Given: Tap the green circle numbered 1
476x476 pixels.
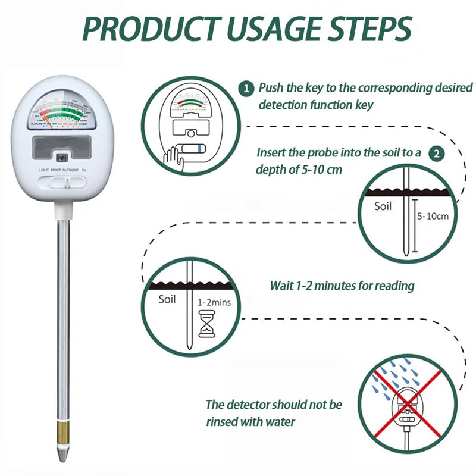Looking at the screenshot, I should [245, 89].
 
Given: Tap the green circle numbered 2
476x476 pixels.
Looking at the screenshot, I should [437, 153].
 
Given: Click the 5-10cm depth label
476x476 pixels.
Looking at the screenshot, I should [433, 216].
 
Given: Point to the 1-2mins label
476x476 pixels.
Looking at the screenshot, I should [214, 302].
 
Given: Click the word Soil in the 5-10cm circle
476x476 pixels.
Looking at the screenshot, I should [383, 206].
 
